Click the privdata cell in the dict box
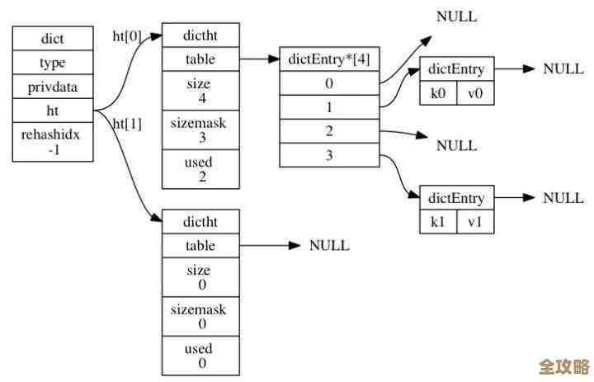click(x=53, y=86)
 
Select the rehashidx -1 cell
click(x=53, y=141)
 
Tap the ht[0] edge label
click(x=127, y=36)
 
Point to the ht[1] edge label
click(x=127, y=124)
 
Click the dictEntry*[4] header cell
click(x=330, y=59)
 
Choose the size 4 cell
click(x=200, y=90)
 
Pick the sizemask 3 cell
click(x=200, y=129)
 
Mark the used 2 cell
click(x=200, y=168)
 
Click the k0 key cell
click(x=438, y=93)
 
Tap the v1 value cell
click(x=475, y=222)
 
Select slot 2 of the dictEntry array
click(x=330, y=131)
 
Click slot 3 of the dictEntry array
click(x=330, y=155)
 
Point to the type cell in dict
click(x=53, y=62)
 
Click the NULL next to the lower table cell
click(x=329, y=246)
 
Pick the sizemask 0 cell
click(x=200, y=316)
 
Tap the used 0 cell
click(x=200, y=355)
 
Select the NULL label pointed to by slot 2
click(x=456, y=146)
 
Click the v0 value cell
click(x=475, y=93)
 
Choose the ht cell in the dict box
click(x=53, y=109)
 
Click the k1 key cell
click(x=438, y=222)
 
